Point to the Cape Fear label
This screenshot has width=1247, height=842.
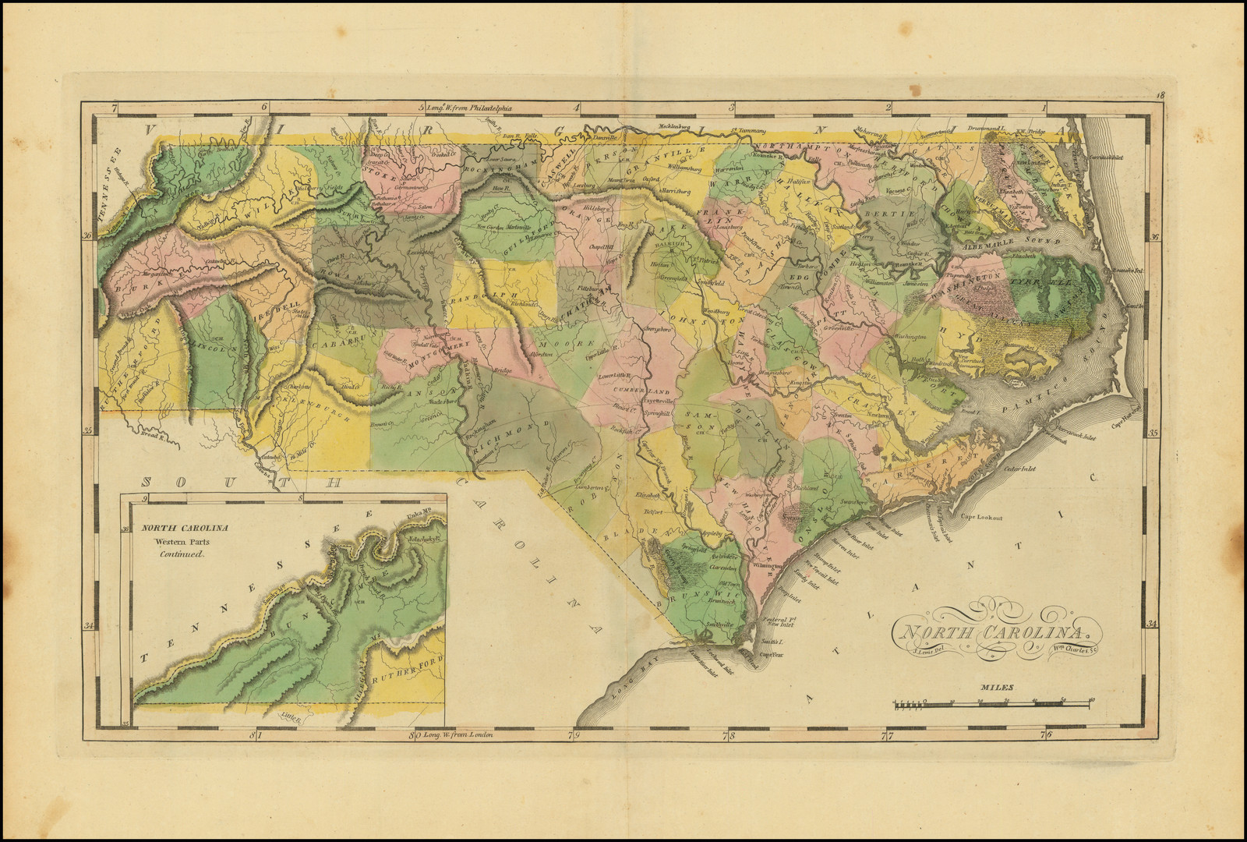(771, 655)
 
